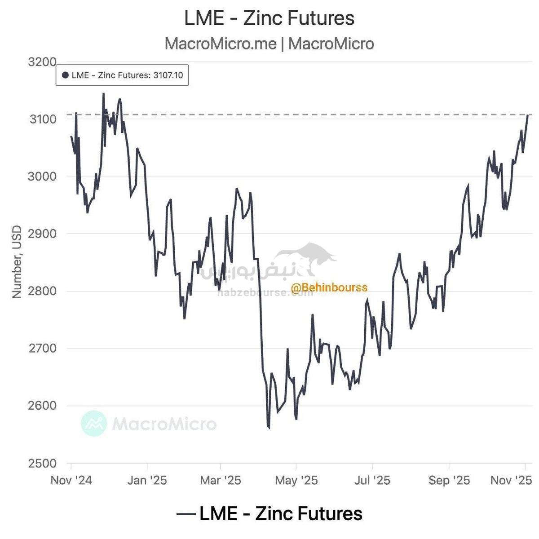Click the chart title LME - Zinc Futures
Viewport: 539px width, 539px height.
click(x=269, y=18)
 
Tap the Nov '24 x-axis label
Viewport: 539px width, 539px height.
click(x=71, y=480)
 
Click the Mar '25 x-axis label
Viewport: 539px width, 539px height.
click(x=221, y=480)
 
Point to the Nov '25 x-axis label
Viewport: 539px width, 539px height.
click(x=511, y=480)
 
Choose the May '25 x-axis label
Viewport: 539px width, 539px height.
click(x=296, y=480)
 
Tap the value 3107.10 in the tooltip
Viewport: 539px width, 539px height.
click(x=168, y=75)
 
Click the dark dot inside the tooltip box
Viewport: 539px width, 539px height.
click(x=65, y=75)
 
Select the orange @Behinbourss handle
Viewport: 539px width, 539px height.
click(x=329, y=287)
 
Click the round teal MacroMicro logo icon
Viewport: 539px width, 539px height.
click(x=94, y=423)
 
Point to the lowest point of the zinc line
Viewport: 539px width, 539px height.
click(x=269, y=428)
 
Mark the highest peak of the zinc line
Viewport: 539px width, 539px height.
click(x=103, y=93)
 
